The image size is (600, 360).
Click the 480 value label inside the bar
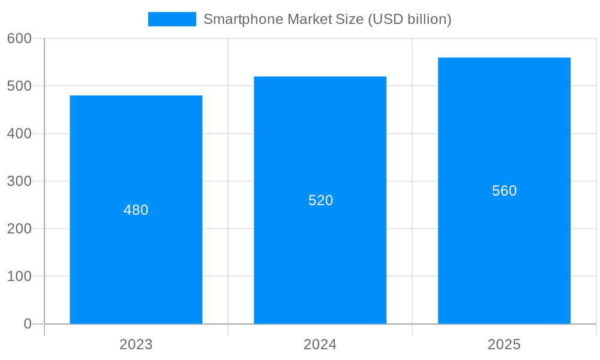point(136,210)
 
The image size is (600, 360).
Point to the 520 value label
point(320,200)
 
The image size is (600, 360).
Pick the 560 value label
point(504,191)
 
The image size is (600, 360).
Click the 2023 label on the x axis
point(136,344)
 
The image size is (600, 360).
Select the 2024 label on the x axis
point(320,344)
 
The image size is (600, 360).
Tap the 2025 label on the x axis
point(504,344)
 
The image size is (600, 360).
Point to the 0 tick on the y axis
point(28,324)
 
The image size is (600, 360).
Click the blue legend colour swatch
point(172,19)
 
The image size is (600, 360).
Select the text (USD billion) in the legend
point(409,19)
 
